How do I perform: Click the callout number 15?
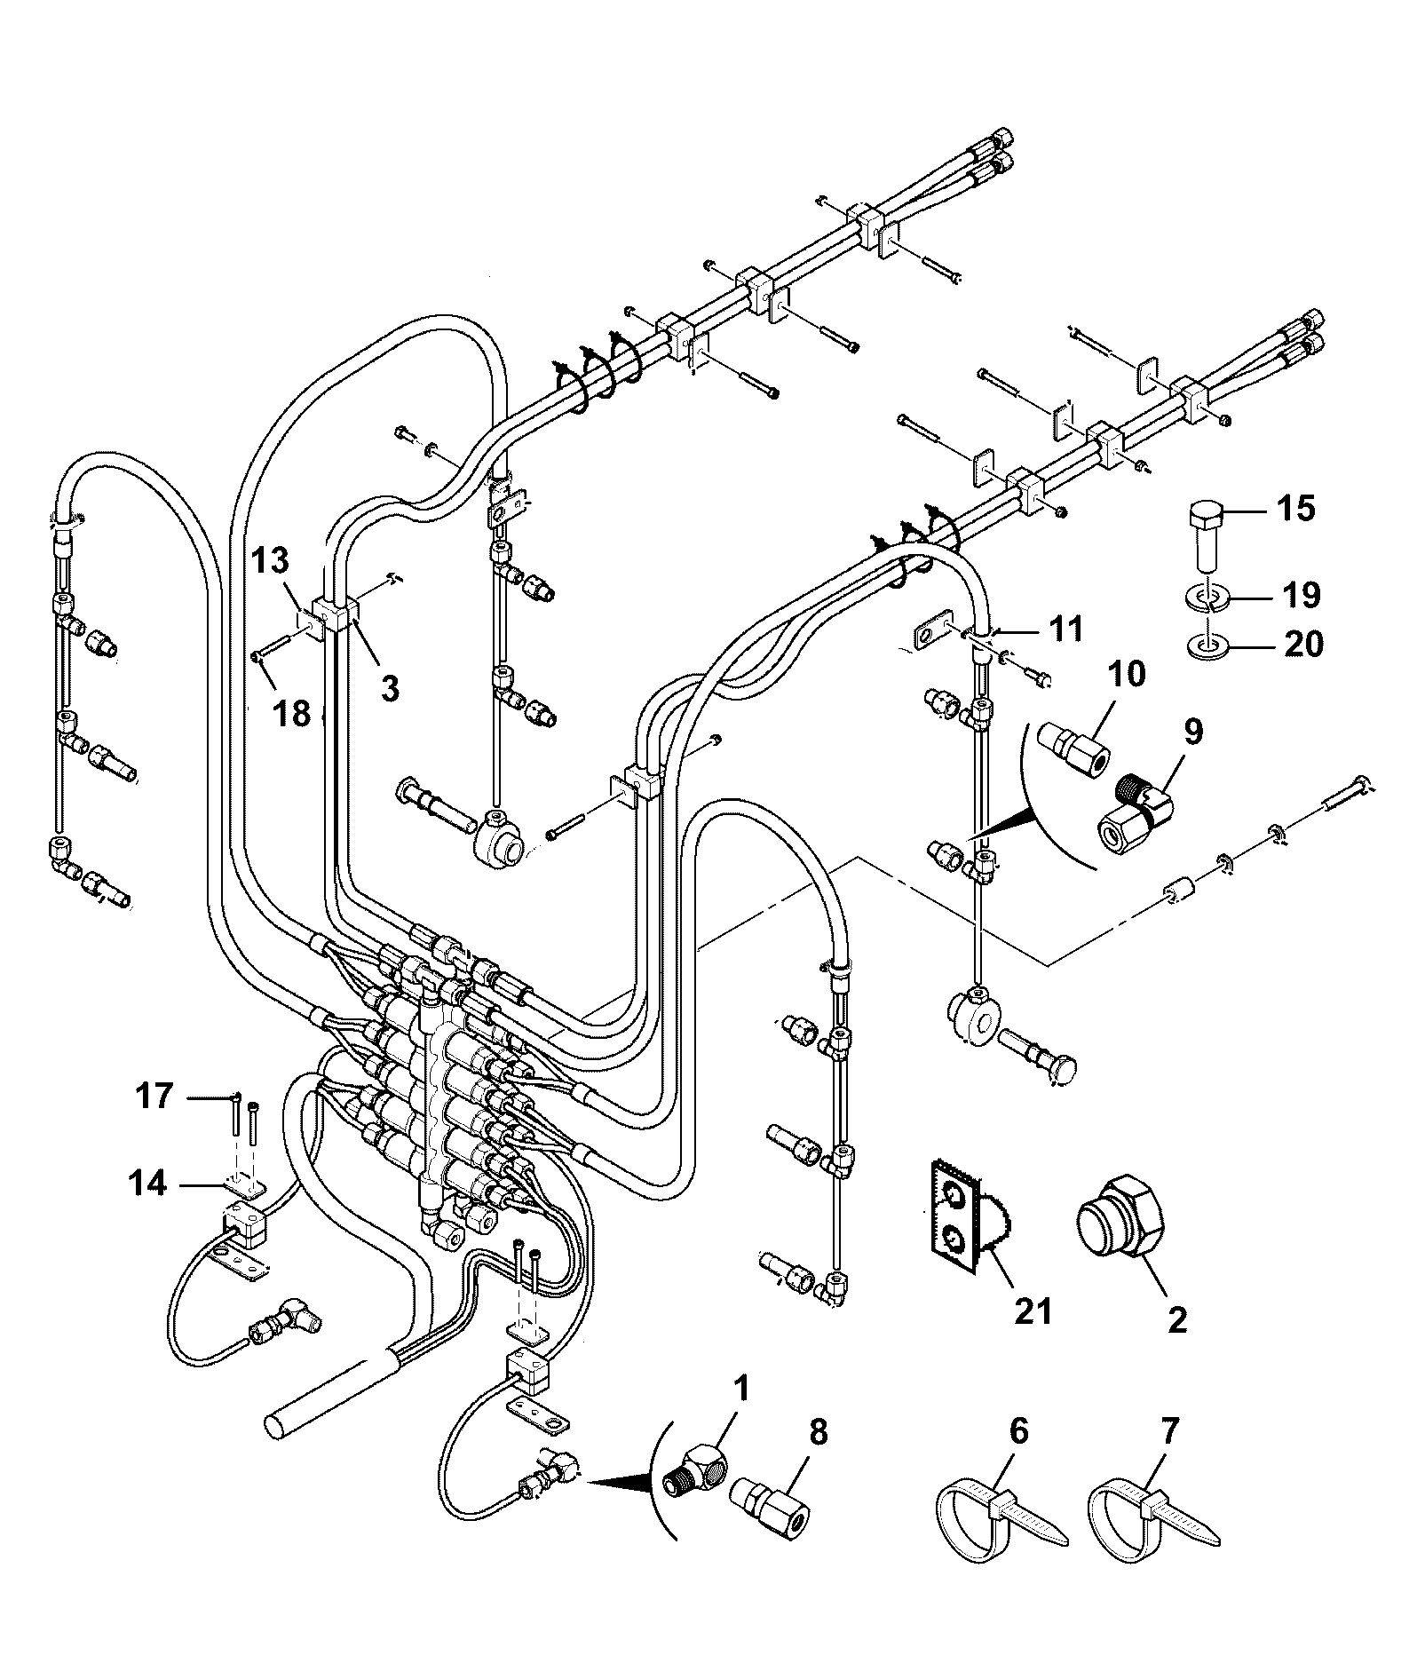click(x=1296, y=509)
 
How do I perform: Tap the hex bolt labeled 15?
click(x=1207, y=537)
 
